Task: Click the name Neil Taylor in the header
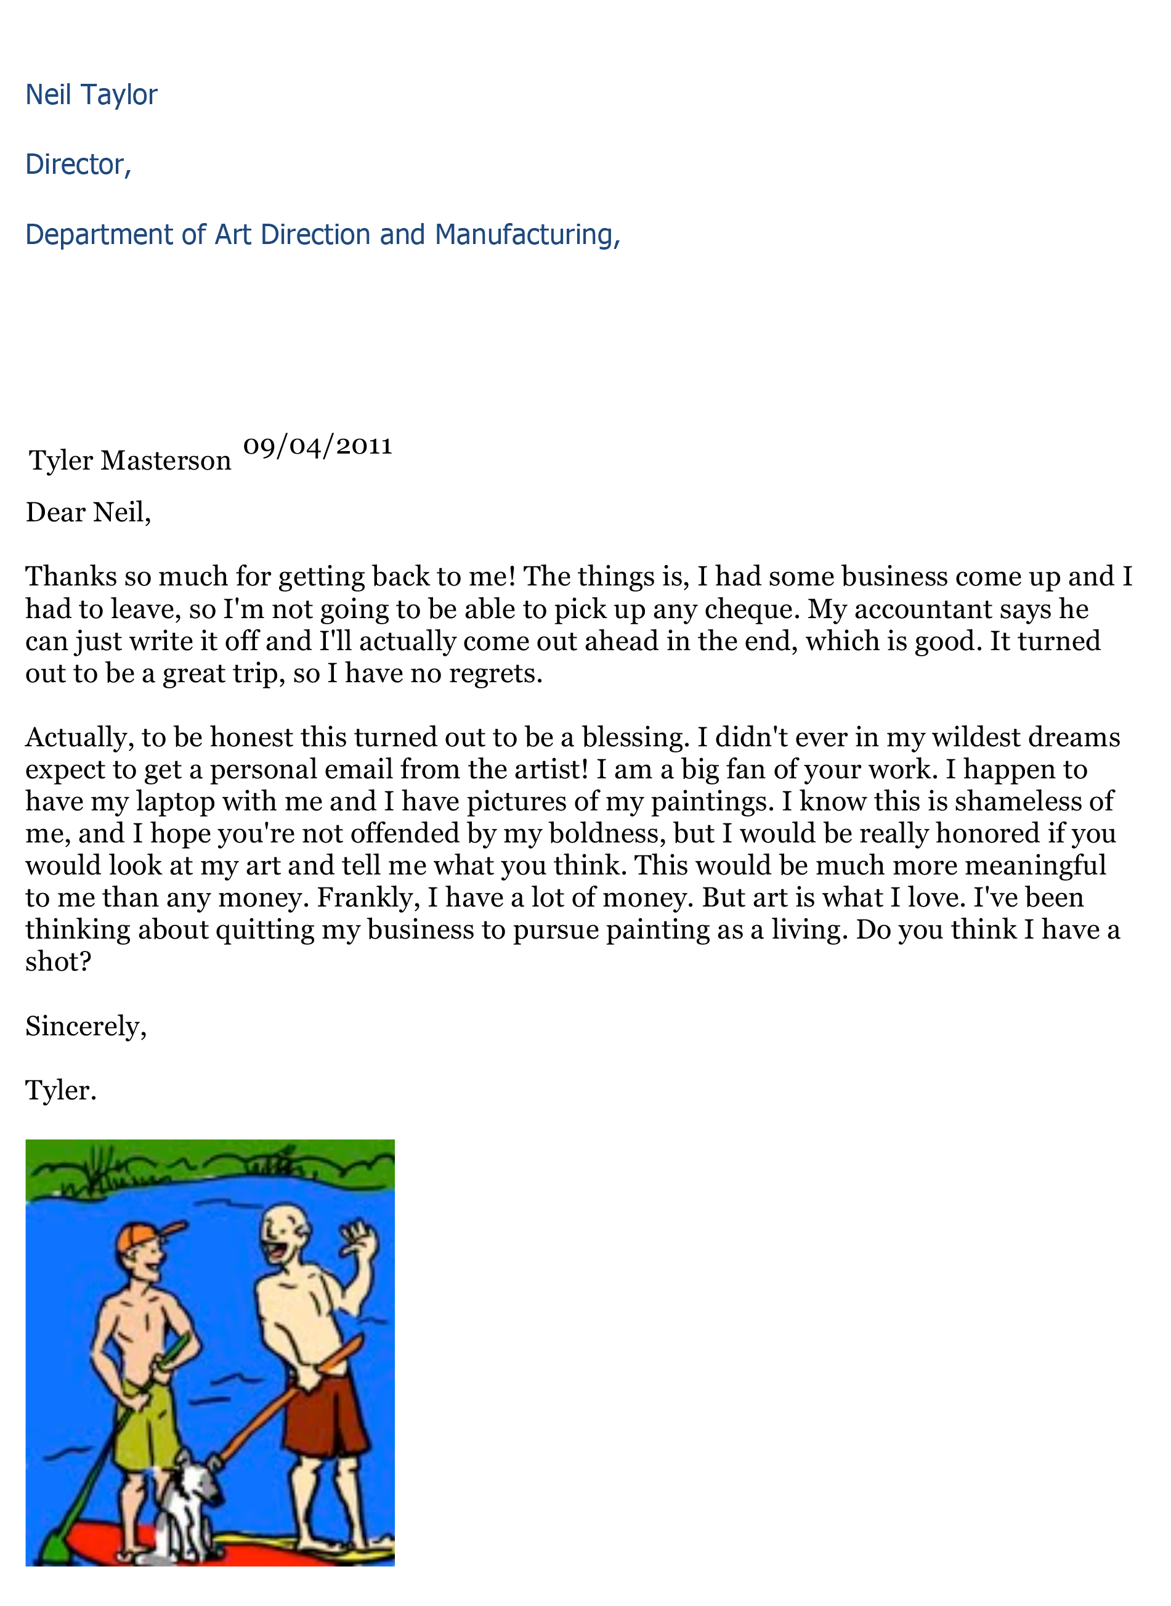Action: coord(91,95)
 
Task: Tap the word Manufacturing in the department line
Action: coord(525,235)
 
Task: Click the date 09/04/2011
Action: coord(318,446)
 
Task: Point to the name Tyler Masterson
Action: coord(130,461)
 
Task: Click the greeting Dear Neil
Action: coord(88,512)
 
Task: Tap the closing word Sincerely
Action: coord(85,1026)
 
